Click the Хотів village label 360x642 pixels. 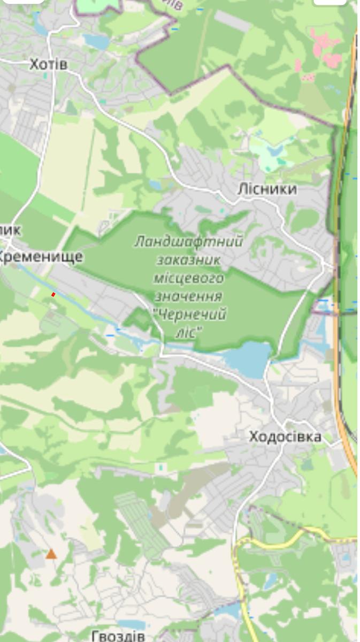(48, 65)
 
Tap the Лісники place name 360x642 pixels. (267, 190)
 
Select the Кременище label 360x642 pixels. (41, 256)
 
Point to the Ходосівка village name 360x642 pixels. (285, 437)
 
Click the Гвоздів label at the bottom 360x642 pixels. (118, 636)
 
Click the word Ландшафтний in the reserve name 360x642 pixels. (188, 242)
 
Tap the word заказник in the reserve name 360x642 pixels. (188, 260)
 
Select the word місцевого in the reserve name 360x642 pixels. (188, 278)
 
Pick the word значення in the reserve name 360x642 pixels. (188, 296)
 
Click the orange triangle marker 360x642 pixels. (51, 554)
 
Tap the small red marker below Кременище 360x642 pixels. (53, 294)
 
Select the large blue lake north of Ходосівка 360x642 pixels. (249, 358)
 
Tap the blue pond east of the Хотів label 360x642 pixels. (97, 41)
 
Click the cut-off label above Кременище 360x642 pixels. (10, 230)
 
